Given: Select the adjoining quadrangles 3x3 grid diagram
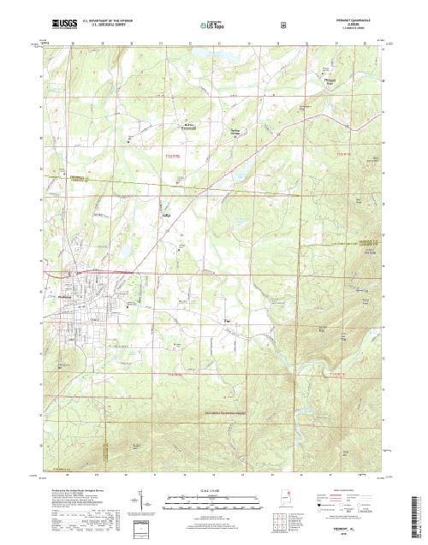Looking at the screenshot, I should (280, 523).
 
